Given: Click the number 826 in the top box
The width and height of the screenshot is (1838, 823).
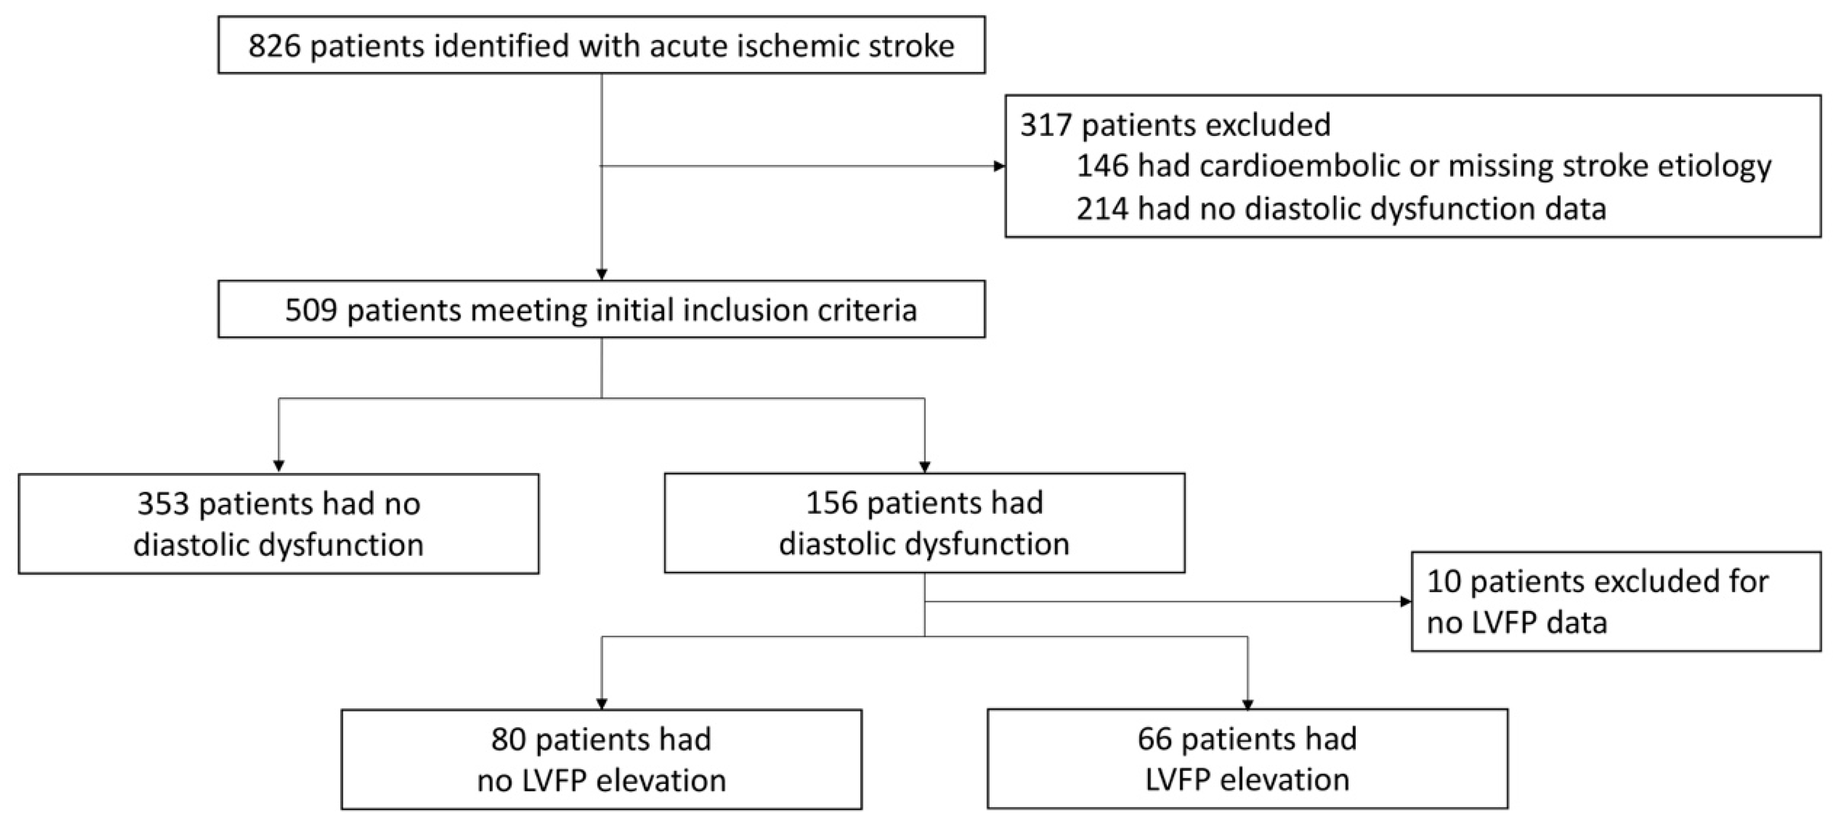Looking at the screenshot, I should click(x=275, y=46).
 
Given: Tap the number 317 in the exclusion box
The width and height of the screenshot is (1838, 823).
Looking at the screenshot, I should click(x=1046, y=125).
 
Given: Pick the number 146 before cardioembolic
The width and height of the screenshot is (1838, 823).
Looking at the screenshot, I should click(x=1102, y=166).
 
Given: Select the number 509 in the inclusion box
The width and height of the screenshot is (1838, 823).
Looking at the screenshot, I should click(x=311, y=310).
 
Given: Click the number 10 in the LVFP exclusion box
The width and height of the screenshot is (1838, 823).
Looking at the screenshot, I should click(x=1444, y=582).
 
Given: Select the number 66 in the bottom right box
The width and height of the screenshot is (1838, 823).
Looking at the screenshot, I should click(x=1155, y=739).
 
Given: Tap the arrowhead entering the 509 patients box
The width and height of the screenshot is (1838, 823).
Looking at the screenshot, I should click(x=602, y=275).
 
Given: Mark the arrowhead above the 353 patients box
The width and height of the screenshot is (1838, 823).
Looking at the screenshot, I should click(x=279, y=466).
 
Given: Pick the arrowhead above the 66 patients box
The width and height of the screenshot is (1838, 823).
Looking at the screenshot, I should click(x=1248, y=705).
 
